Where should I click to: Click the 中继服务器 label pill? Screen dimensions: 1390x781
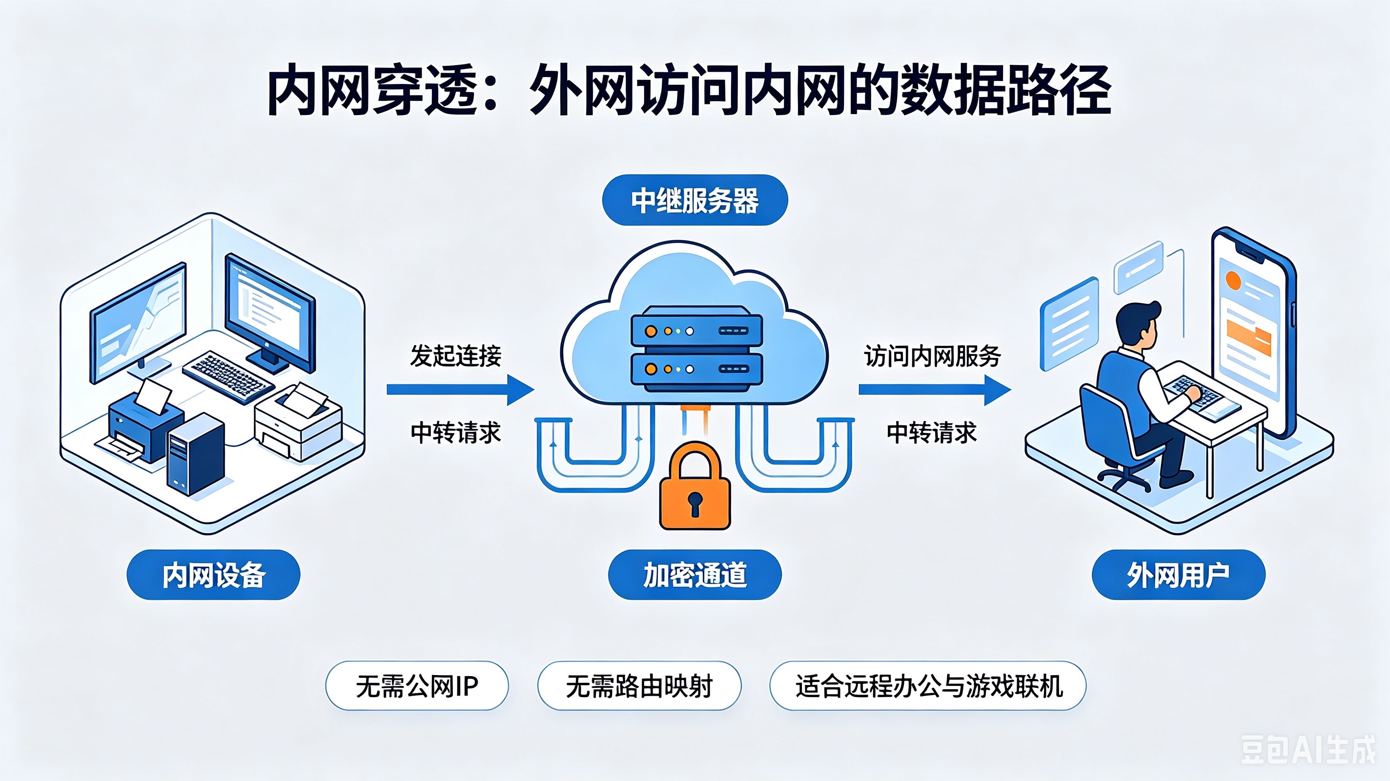coord(695,200)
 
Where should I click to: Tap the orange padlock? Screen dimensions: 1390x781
coord(695,486)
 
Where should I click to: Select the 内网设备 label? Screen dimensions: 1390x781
coord(213,575)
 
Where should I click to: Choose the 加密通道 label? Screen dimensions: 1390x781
coord(695,575)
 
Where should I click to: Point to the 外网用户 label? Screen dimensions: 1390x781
coord(1179,575)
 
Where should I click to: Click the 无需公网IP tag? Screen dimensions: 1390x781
coord(417,686)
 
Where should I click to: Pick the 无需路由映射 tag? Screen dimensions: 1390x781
coord(639,686)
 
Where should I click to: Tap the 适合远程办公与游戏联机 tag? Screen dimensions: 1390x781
coord(928,686)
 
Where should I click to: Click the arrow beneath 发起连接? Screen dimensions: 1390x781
coord(460,390)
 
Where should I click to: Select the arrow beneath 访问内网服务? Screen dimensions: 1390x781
coord(935,390)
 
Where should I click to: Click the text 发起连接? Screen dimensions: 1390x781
coord(456,356)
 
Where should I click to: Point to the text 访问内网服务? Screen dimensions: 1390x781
coord(932,356)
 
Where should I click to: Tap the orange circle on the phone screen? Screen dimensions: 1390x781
coord(1233,280)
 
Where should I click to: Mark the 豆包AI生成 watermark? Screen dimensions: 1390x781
coord(1308,750)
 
